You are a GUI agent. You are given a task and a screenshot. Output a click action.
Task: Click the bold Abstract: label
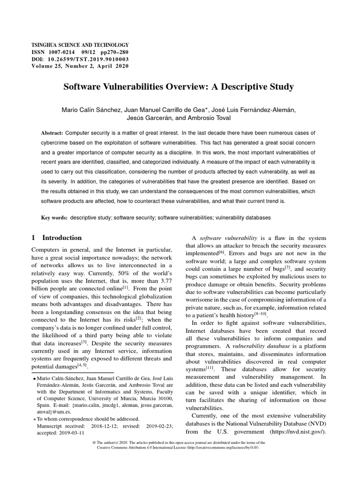pos(52,134)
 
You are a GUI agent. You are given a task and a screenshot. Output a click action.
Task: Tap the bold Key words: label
pos(54,218)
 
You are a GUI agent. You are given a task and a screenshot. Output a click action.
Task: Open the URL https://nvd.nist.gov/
pos(296,432)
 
